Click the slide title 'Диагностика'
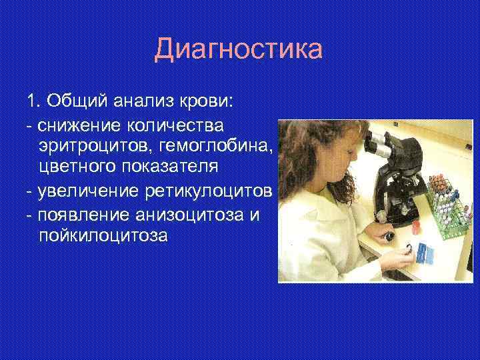point(238,50)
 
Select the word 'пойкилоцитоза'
point(103,235)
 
